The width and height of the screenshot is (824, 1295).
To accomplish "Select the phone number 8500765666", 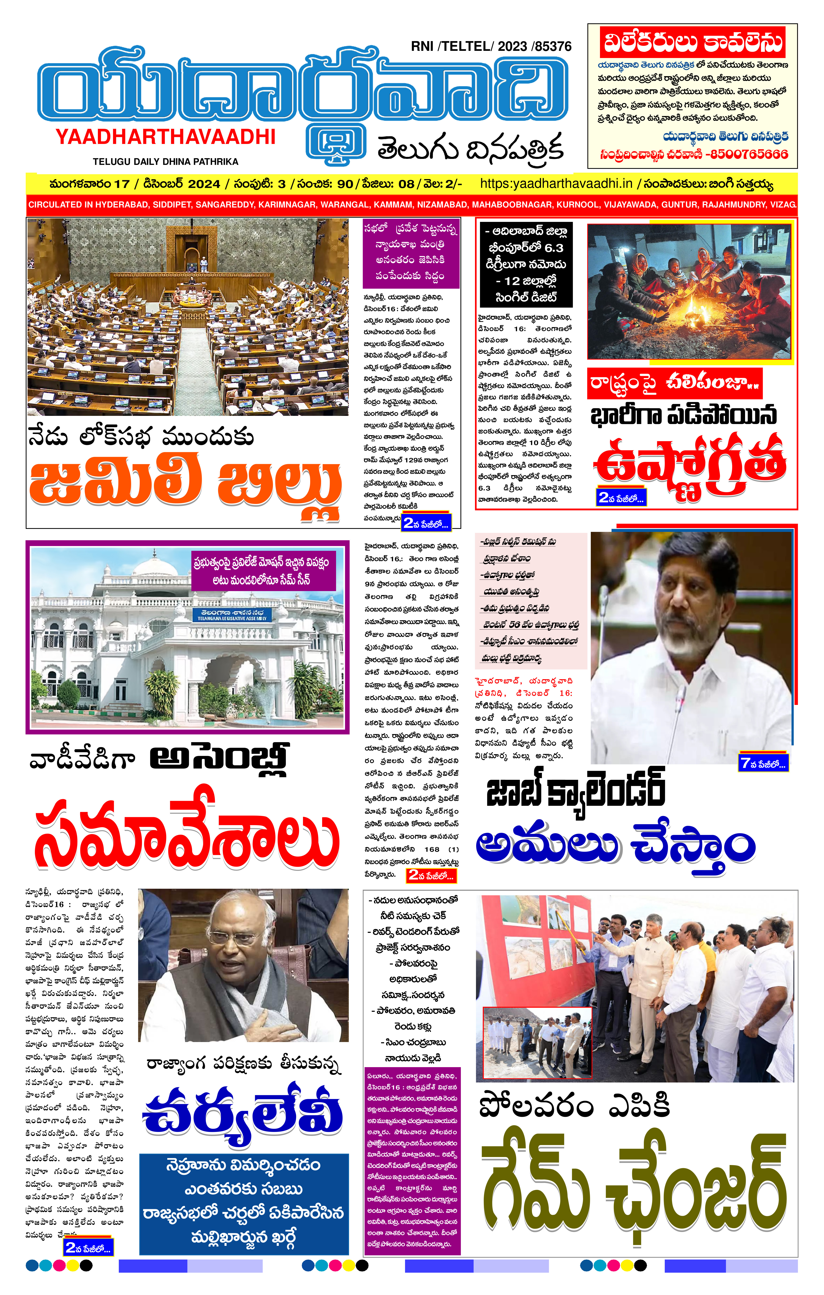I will [x=749, y=154].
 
